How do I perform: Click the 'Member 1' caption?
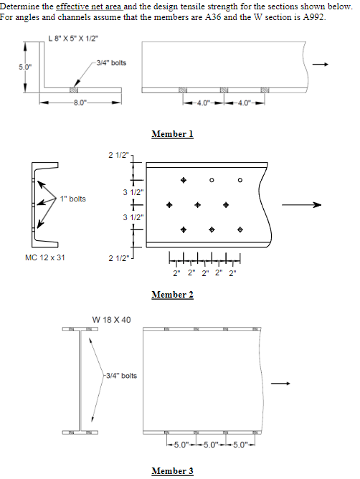point(172,134)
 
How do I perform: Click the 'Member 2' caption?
point(172,295)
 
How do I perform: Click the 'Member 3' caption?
point(172,471)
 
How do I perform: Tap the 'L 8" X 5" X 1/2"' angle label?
point(62,38)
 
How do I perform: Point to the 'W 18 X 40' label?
point(111,318)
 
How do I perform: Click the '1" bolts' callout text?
point(73,199)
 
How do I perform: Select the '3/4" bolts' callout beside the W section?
point(120,375)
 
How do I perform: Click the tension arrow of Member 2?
point(302,205)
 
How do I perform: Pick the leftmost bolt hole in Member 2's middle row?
point(169,205)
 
